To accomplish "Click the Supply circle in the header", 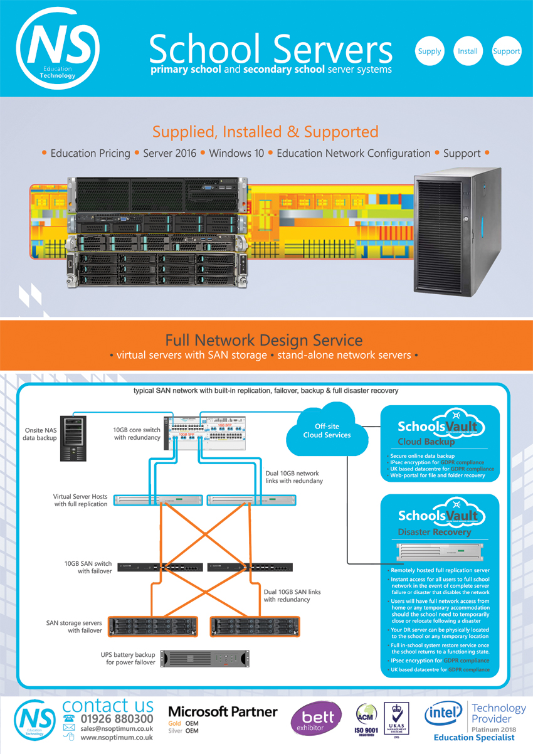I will coord(430,51).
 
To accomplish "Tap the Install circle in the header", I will coord(467,51).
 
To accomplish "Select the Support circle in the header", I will coord(506,51).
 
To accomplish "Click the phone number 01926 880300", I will coord(117,719).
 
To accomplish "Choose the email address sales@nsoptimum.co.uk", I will coord(117,728).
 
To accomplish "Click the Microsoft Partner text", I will coord(223,711).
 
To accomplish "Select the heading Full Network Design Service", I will coord(264,340).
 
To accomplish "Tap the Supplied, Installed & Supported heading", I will coord(265,132).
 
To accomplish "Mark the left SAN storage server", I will coord(152,626).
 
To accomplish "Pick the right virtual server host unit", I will coord(250,500).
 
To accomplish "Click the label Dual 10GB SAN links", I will coord(292,591).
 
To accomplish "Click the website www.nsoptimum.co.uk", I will coord(117,738).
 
